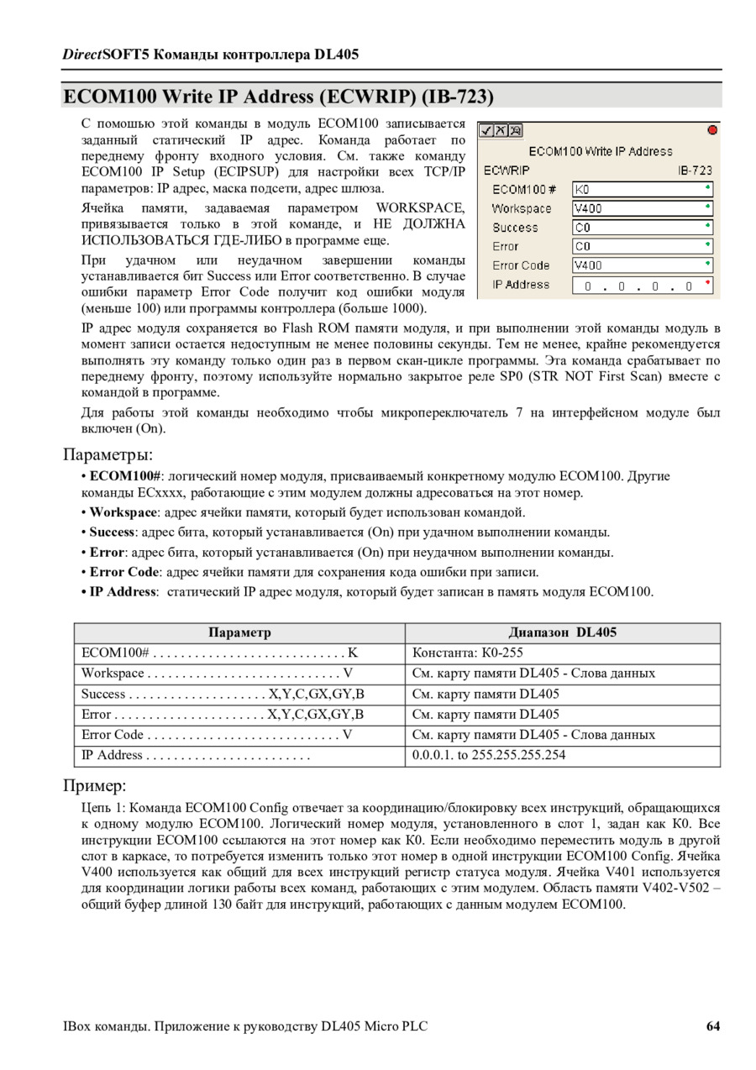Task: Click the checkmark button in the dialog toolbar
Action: coord(486,130)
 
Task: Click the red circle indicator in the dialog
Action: coord(712,130)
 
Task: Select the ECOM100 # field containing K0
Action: coord(643,190)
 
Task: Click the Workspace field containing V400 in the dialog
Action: coord(643,208)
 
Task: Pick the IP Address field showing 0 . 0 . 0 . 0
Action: coord(643,286)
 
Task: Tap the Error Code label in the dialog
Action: coord(521,265)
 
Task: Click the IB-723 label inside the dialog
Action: coord(695,170)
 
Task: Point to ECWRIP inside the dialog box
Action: coord(507,170)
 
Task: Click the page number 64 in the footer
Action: coord(712,1026)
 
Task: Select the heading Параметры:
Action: coord(108,454)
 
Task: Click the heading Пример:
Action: coord(95,786)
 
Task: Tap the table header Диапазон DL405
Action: coord(562,632)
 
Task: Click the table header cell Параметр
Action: coord(239,632)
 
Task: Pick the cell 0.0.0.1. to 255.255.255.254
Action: coord(489,755)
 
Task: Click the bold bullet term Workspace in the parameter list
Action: coord(123,512)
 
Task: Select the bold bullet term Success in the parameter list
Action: coord(112,532)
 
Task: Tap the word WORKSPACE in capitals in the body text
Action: coord(420,207)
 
